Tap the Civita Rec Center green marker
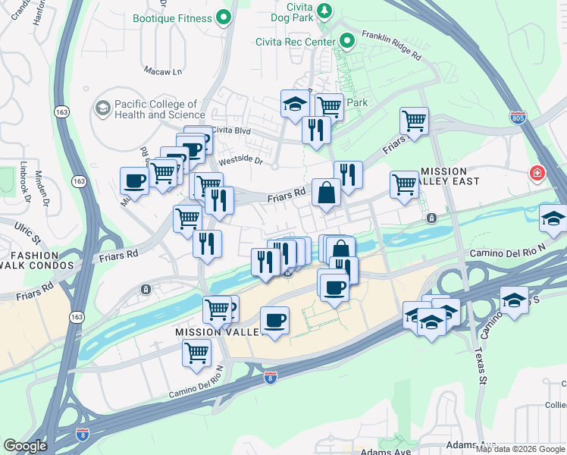tap(348, 39)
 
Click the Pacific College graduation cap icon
tap(102, 109)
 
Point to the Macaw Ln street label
tap(164, 71)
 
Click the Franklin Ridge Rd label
tap(390, 45)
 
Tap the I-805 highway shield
tap(516, 118)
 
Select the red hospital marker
tap(537, 174)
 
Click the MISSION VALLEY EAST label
tap(456, 177)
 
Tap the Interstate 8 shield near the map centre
tap(270, 377)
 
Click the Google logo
tap(25, 446)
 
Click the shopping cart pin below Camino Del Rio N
tap(197, 353)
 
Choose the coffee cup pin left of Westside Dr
tap(134, 180)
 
